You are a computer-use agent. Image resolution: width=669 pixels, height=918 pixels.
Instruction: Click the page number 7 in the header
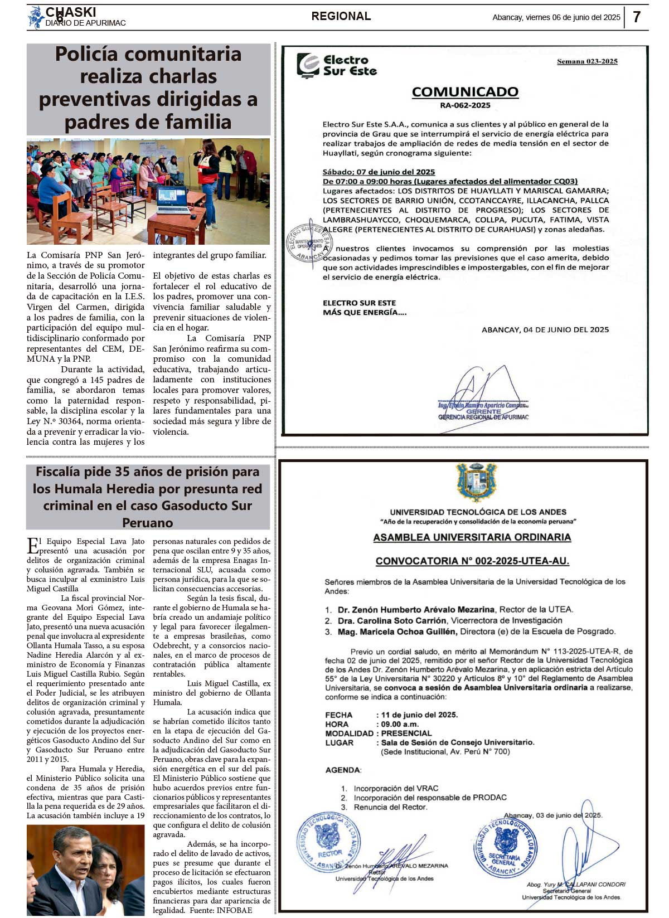[637, 17]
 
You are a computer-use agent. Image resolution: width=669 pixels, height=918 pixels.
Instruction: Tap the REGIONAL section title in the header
[341, 16]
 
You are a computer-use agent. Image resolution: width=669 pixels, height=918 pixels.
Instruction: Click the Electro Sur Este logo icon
[308, 65]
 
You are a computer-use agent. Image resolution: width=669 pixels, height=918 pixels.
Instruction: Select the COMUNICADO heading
[465, 92]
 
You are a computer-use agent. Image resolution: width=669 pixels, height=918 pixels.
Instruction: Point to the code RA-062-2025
[465, 105]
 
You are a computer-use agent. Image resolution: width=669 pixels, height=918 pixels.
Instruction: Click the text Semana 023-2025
[587, 61]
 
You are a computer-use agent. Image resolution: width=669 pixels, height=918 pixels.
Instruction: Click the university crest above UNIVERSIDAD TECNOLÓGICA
[476, 483]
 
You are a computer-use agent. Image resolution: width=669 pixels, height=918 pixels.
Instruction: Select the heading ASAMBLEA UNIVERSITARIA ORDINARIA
[472, 537]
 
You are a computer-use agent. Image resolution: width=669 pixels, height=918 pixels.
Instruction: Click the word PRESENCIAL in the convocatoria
[406, 734]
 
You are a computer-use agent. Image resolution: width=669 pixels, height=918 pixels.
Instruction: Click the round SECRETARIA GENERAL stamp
[505, 847]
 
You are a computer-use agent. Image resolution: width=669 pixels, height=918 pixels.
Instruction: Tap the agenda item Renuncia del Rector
[390, 807]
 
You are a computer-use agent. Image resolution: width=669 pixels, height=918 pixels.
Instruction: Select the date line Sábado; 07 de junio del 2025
[379, 172]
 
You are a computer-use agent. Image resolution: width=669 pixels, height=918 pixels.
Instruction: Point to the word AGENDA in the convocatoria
[343, 770]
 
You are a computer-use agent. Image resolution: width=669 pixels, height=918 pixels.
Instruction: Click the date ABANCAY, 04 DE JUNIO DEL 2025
[545, 329]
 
